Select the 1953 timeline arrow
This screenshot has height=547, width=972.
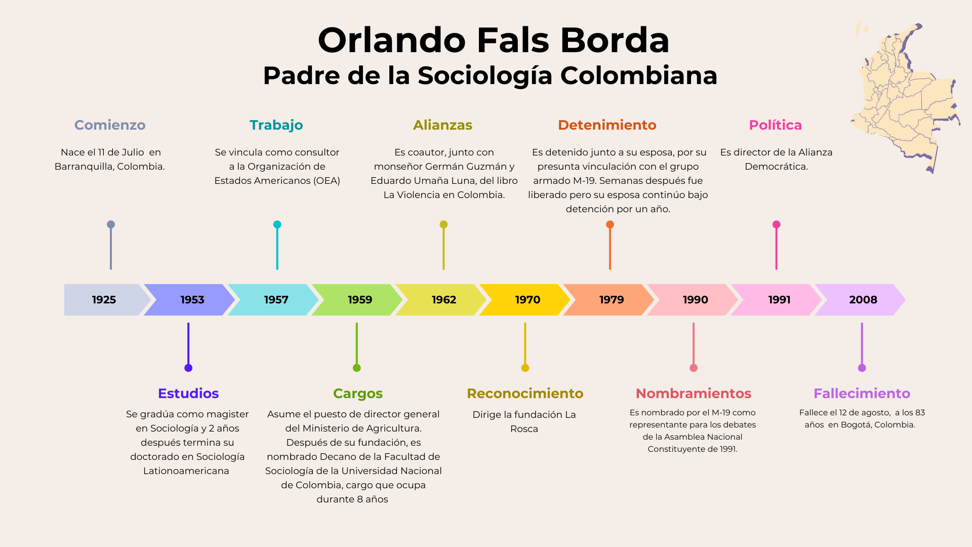(x=189, y=300)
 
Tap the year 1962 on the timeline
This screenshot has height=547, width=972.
(x=443, y=300)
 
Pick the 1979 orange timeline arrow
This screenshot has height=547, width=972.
(x=609, y=300)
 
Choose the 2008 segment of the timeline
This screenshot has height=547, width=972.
(x=860, y=300)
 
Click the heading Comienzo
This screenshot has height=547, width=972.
(x=110, y=125)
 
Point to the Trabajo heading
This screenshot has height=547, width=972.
(x=276, y=125)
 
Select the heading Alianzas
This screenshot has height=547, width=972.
(x=443, y=125)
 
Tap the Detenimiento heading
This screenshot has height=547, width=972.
(x=607, y=125)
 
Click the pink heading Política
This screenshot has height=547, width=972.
(x=776, y=125)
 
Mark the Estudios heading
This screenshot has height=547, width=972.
(x=188, y=394)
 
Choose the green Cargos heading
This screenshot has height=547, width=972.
(x=358, y=394)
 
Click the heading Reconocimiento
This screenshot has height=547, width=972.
(x=525, y=394)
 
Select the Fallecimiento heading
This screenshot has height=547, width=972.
(x=862, y=394)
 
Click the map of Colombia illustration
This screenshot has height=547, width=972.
(x=906, y=96)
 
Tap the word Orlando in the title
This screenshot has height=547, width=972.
(x=392, y=40)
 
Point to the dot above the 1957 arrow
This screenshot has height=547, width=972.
(x=277, y=224)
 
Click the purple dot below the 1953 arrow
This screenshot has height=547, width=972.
(x=188, y=368)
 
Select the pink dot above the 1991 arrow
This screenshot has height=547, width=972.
(x=776, y=224)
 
